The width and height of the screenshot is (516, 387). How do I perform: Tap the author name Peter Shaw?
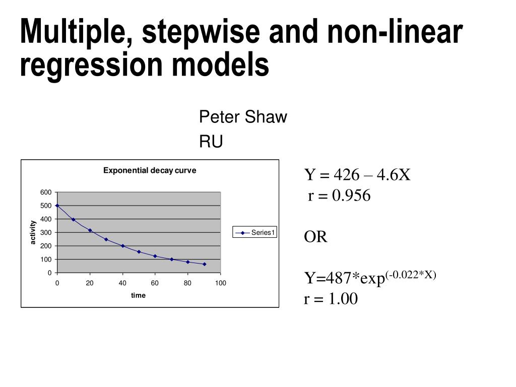[243, 117]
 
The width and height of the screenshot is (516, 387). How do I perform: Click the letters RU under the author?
[211, 143]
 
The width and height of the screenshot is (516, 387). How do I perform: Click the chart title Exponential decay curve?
[150, 170]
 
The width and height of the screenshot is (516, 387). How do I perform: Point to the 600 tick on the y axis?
[46, 192]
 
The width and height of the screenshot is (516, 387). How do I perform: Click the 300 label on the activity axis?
[46, 232]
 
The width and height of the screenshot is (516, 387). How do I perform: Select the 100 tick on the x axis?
[220, 283]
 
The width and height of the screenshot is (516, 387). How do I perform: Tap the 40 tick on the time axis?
[122, 283]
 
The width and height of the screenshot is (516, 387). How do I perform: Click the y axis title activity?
[33, 232]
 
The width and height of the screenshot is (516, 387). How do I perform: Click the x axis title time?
[138, 295]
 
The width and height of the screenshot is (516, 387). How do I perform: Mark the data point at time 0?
[57, 206]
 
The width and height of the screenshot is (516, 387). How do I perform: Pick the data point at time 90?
[204, 264]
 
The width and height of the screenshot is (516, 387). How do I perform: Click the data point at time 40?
[122, 246]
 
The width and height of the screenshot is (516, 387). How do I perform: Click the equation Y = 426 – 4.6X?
[357, 175]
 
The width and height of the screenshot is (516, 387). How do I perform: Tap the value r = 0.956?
[339, 196]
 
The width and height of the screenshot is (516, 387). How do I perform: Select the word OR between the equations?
[315, 237]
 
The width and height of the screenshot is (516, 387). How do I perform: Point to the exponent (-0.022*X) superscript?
[411, 274]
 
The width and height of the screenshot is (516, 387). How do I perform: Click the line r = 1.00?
[331, 299]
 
